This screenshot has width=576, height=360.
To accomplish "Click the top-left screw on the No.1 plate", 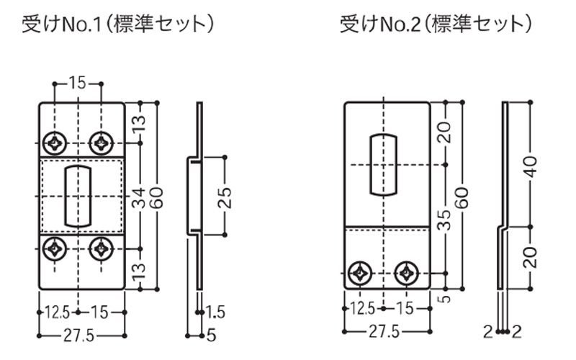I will coord(54,140).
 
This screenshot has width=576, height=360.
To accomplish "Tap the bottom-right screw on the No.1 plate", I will coord(99,249).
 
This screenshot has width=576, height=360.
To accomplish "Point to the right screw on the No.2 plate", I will coord(409,273).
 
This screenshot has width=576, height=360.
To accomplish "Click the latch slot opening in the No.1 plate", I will coord(76,194).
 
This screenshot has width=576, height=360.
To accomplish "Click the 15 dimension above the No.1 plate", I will coord(78,82).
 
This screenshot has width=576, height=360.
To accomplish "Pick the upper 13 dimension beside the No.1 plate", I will coord(138,125).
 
